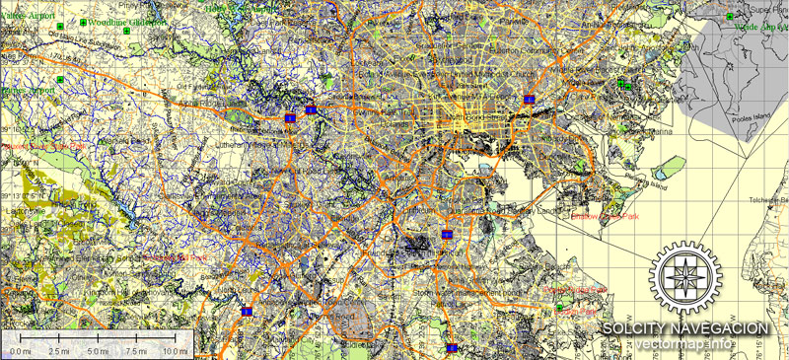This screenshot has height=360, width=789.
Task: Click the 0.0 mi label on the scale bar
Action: [x=19, y=351]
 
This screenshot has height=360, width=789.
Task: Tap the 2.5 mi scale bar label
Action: [x=58, y=351]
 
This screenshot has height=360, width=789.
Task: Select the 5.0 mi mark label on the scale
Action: [x=97, y=351]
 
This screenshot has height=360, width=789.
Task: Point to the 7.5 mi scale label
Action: [x=136, y=351]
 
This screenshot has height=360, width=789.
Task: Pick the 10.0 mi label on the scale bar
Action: [x=175, y=351]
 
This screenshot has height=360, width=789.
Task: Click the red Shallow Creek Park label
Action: [x=606, y=217]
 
